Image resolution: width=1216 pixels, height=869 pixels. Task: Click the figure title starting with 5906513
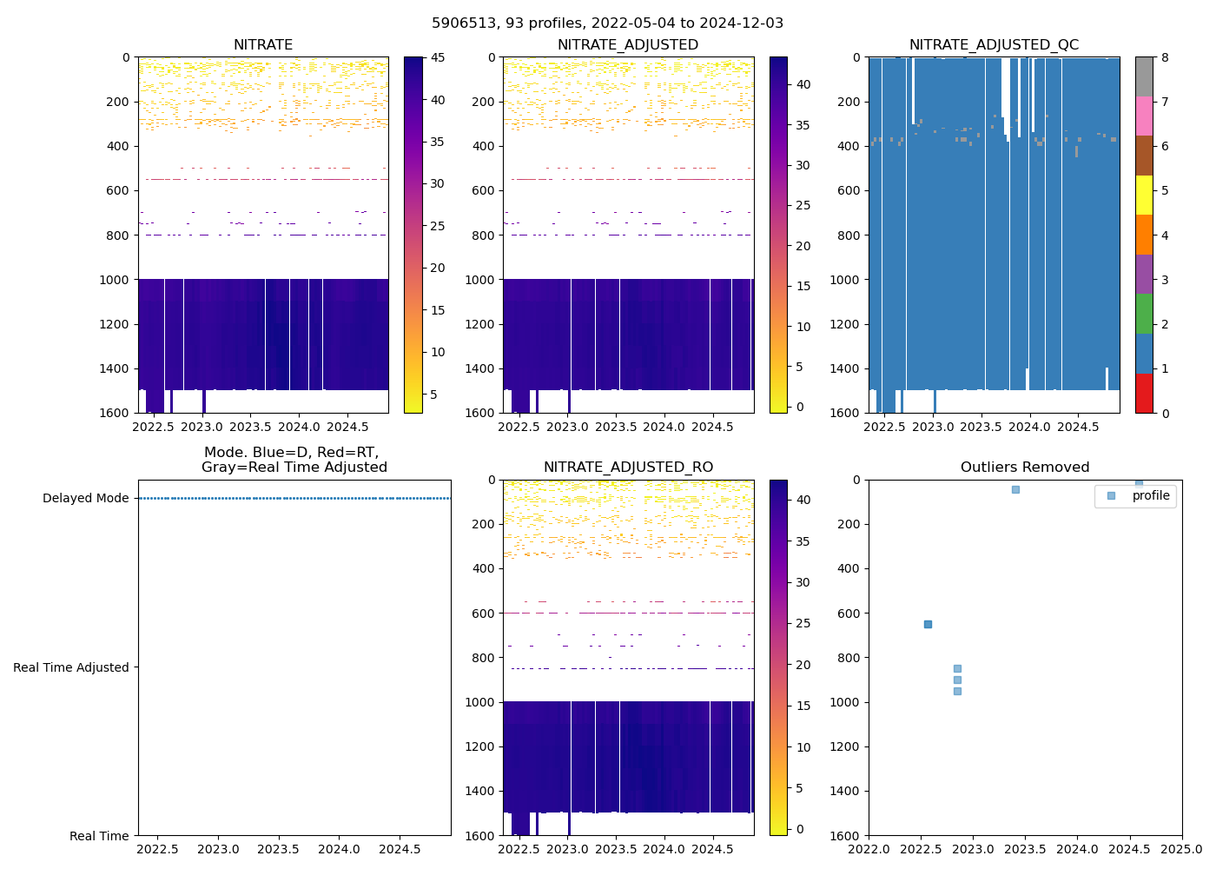[607, 23]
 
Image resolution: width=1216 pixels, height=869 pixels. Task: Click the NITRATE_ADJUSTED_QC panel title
[994, 45]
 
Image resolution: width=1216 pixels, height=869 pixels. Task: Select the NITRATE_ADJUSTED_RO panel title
[628, 468]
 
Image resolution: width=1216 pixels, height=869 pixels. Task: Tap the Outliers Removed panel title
[1025, 468]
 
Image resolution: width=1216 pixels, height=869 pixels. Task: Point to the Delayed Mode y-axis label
[85, 498]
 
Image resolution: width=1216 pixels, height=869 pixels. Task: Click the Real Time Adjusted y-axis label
[71, 667]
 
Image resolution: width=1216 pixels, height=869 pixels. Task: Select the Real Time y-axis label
[99, 836]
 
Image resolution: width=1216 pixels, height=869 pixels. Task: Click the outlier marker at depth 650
[928, 624]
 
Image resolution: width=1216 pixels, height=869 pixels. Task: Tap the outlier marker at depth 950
[957, 691]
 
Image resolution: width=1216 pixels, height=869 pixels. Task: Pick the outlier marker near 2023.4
[1015, 489]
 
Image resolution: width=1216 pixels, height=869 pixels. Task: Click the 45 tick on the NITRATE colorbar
[438, 57]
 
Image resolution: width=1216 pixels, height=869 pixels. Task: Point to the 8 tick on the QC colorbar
[1165, 57]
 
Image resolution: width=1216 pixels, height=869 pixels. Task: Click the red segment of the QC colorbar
[1144, 393]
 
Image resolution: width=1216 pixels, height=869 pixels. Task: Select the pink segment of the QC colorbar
[1144, 116]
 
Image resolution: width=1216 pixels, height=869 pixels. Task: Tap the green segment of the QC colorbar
[1144, 314]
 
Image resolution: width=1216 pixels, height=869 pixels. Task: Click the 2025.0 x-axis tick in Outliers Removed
[1181, 848]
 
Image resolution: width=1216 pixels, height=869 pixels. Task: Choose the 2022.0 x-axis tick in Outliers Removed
[869, 848]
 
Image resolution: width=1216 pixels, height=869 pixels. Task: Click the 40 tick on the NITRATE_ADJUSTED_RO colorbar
[803, 500]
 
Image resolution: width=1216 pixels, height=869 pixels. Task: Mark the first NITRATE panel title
[263, 45]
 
